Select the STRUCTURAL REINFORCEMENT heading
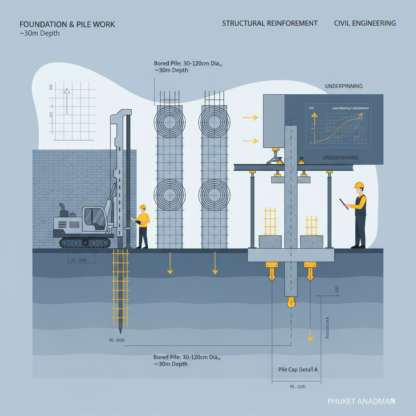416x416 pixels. tap(270, 23)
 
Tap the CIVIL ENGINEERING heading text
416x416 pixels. tap(365, 23)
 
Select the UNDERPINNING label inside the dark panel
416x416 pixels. tap(340, 157)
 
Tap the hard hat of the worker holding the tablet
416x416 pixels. tap(358, 185)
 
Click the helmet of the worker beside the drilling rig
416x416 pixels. tap(142, 207)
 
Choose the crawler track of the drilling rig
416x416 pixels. tap(85, 243)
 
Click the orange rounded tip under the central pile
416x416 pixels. tap(290, 302)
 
